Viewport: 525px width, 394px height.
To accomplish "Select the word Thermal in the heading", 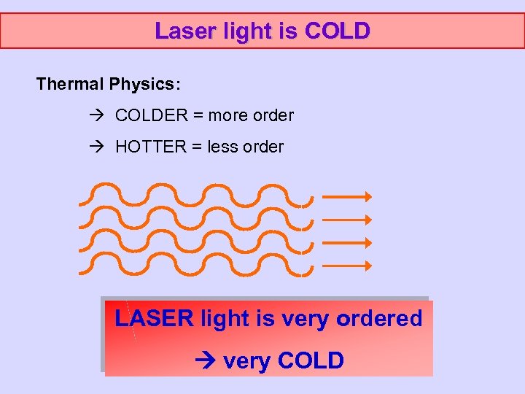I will pos(70,84).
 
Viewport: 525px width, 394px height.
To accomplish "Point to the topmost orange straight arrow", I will pos(347,196).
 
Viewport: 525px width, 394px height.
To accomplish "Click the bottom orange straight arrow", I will pos(347,266).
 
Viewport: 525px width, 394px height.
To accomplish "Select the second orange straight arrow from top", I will pos(347,220).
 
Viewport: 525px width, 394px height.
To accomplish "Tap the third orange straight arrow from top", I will pos(347,243).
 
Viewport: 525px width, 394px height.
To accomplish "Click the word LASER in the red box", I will pos(154,319).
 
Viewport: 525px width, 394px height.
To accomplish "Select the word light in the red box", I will pos(224,319).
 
